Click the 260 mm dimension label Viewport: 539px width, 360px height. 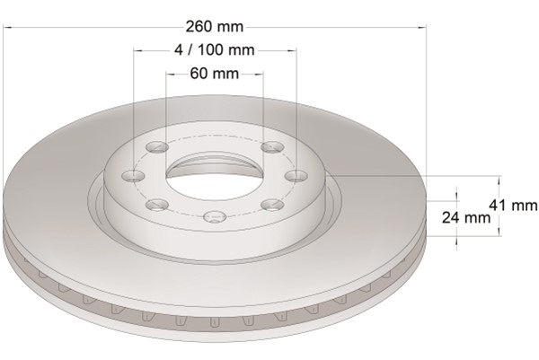[215, 26]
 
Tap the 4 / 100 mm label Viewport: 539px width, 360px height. [215, 50]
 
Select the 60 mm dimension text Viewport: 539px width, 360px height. [215, 74]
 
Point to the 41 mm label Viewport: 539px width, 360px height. [513, 206]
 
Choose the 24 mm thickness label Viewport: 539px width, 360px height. [466, 217]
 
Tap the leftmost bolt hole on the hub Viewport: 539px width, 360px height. [133, 176]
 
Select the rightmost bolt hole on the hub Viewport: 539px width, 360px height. [297, 176]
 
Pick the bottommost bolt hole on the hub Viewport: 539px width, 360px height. [215, 216]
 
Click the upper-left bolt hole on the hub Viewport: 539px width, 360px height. [157, 147]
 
